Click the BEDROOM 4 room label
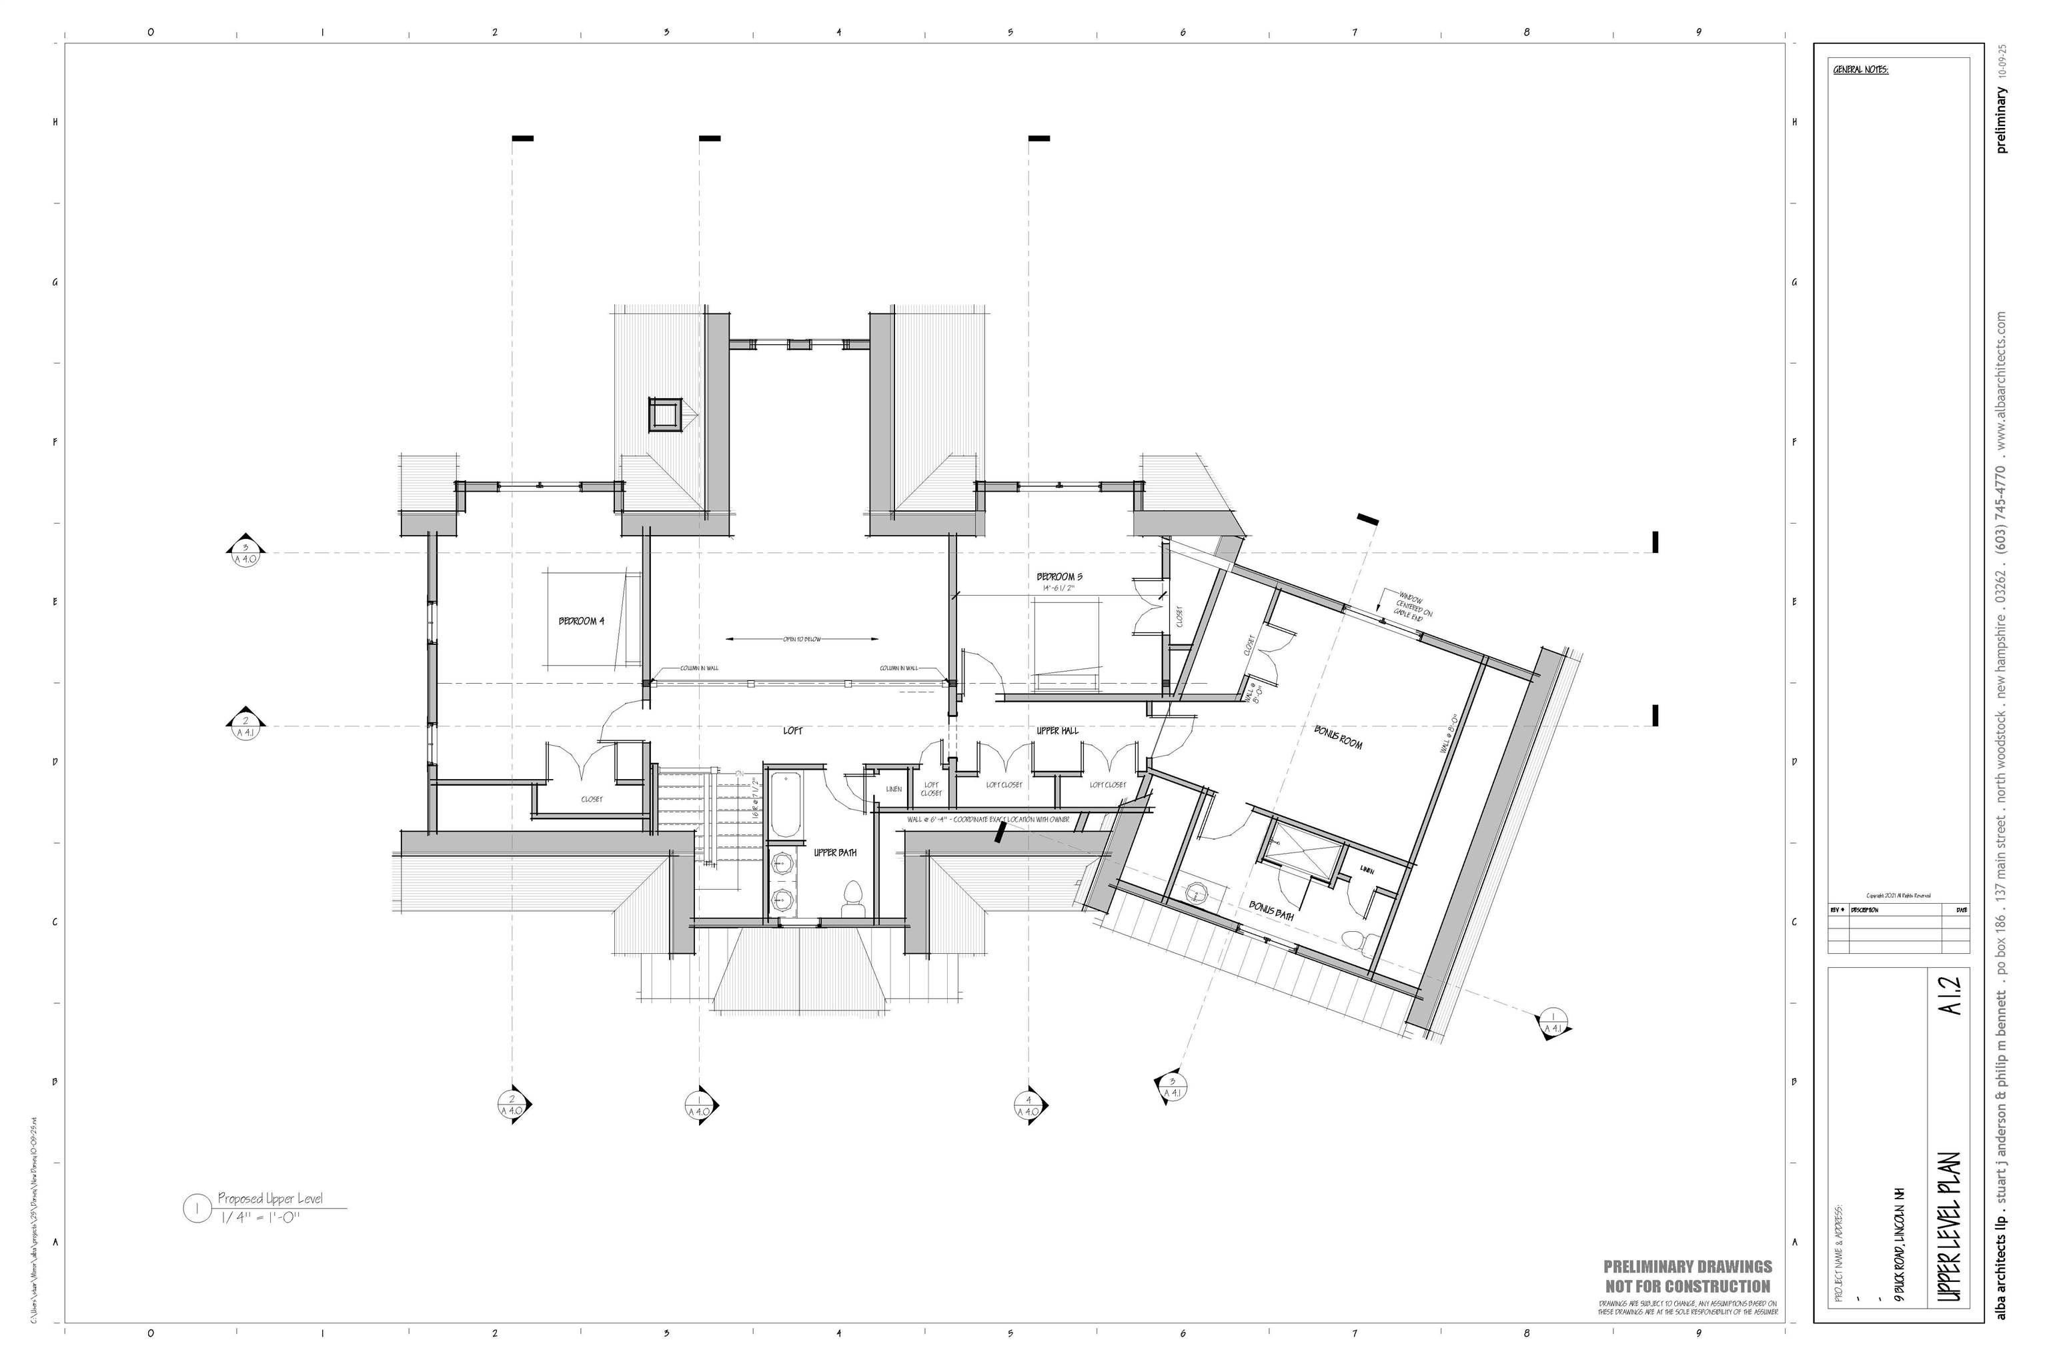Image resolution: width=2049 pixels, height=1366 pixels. tap(581, 621)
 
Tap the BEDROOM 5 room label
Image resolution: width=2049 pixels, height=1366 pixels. tap(1059, 577)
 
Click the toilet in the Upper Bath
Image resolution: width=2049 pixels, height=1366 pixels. tap(853, 900)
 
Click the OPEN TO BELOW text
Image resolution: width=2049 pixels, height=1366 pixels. tap(802, 640)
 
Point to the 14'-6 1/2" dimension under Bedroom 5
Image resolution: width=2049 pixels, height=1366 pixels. tap(1059, 588)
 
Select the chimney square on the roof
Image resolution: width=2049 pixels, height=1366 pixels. tap(665, 414)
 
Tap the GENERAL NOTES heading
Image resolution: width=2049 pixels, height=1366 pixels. tap(1861, 69)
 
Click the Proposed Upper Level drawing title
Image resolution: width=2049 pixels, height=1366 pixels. tap(269, 1199)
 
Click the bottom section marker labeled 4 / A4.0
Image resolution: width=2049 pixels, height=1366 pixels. tap(1030, 1105)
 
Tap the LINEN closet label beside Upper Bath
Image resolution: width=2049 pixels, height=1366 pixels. tap(893, 789)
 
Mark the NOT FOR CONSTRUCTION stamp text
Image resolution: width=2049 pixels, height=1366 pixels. tap(1687, 1287)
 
